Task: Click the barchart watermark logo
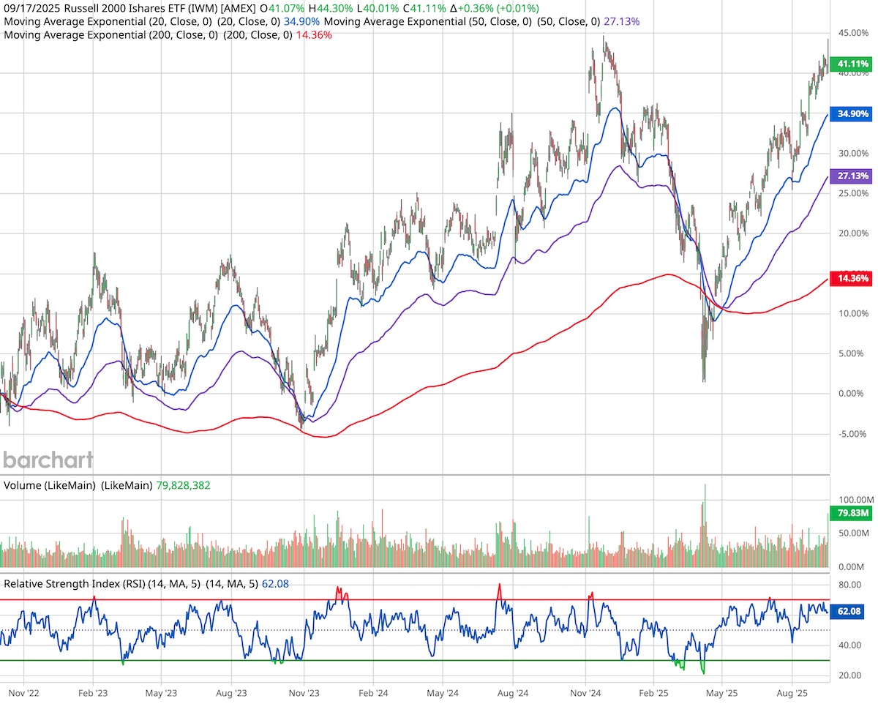[x=48, y=460]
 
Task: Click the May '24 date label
[x=442, y=690]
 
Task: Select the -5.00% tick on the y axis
[x=850, y=434]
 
